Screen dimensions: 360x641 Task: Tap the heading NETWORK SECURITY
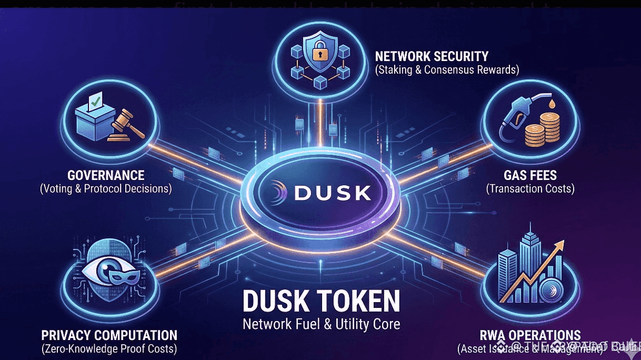[x=432, y=56]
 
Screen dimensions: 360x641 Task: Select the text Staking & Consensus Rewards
[x=447, y=69]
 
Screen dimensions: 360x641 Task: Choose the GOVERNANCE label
[x=106, y=175]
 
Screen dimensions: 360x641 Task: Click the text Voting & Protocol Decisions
[x=106, y=188]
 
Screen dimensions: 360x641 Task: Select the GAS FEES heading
[x=530, y=175]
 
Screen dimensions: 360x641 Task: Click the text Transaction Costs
[x=530, y=188]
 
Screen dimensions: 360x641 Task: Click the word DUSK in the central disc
[x=333, y=193]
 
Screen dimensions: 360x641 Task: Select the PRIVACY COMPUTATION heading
[x=109, y=335]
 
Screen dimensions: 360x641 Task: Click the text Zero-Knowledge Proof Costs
[x=109, y=348]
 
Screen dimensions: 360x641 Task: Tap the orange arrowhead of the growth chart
[x=558, y=246]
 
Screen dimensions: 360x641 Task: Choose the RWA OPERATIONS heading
[x=530, y=335]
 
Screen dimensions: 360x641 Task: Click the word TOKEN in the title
[x=358, y=302]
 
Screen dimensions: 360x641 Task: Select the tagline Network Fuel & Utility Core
[x=321, y=324]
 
